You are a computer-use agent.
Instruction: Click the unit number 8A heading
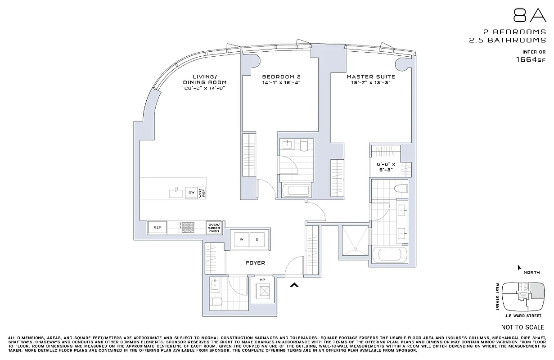pyautogui.click(x=529, y=16)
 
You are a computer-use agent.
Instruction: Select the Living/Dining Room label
pyautogui.click(x=205, y=80)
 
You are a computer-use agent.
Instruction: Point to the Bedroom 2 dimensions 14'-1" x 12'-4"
pyautogui.click(x=281, y=82)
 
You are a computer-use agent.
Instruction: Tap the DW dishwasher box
pyautogui.click(x=191, y=193)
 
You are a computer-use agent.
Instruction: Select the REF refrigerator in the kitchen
pyautogui.click(x=158, y=228)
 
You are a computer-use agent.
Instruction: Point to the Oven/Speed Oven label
pyautogui.click(x=214, y=228)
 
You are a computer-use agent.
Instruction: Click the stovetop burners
pyautogui.click(x=186, y=228)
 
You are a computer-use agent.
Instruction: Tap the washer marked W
pyautogui.click(x=241, y=240)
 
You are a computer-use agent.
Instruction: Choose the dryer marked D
pyautogui.click(x=257, y=240)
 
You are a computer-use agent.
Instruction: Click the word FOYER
pyautogui.click(x=255, y=263)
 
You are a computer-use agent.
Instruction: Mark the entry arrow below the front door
pyautogui.click(x=294, y=284)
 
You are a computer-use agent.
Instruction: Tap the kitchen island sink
pyautogui.click(x=176, y=193)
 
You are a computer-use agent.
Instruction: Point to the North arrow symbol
pyautogui.click(x=519, y=268)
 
